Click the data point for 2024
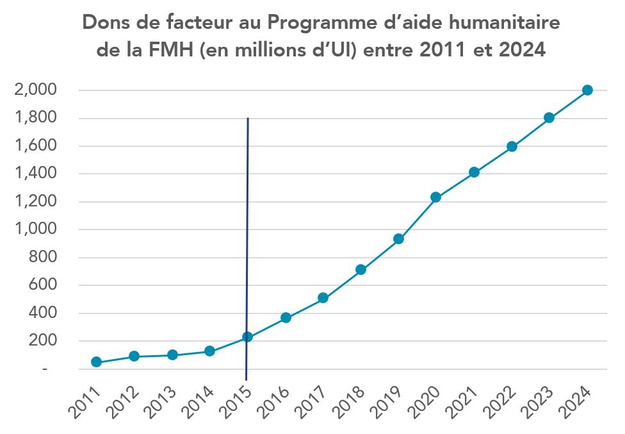coord(587,90)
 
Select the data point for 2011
coord(96,362)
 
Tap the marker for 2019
coord(398,239)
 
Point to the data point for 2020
coord(435,197)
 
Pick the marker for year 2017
coord(323,298)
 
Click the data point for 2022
coord(512,147)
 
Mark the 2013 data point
coord(172,355)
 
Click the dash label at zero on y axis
coord(45,370)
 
